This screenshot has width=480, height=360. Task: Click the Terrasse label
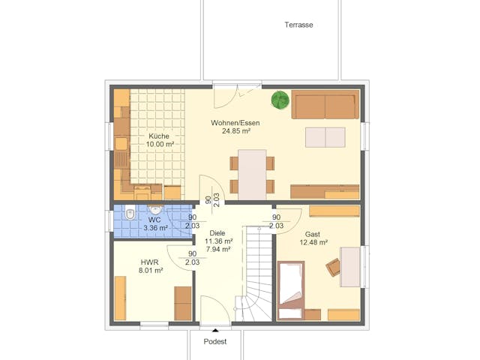298,25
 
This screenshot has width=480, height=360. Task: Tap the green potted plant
280,100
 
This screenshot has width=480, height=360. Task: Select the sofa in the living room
324,106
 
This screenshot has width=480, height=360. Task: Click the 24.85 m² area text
235,130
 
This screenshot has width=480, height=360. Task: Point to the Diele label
217,232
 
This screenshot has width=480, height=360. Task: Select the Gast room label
313,234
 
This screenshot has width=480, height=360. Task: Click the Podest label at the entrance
215,341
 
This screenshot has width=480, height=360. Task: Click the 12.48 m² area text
313,242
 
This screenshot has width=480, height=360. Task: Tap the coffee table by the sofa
325,137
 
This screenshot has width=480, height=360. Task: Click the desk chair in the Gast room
332,266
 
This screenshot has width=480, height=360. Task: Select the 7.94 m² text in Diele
218,249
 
